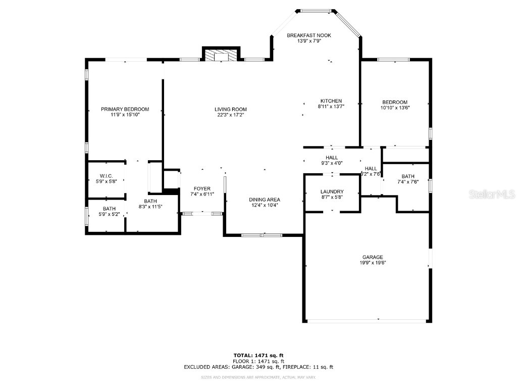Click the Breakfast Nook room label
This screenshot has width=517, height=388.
point(309,35)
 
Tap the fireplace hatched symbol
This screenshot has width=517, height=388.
point(220,55)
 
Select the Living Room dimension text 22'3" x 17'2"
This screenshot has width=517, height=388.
point(231,115)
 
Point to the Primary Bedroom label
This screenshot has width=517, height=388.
point(125,109)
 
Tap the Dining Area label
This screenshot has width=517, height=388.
point(265,199)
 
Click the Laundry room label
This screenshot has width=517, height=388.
point(332,191)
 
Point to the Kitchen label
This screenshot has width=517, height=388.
point(331,101)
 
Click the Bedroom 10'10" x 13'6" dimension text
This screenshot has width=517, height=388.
point(395,108)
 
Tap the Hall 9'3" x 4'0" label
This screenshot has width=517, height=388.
point(331,158)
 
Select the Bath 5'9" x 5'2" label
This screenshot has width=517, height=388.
point(109,209)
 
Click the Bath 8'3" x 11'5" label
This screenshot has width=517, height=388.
point(150,201)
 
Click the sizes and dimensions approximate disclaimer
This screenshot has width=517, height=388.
point(258,377)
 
